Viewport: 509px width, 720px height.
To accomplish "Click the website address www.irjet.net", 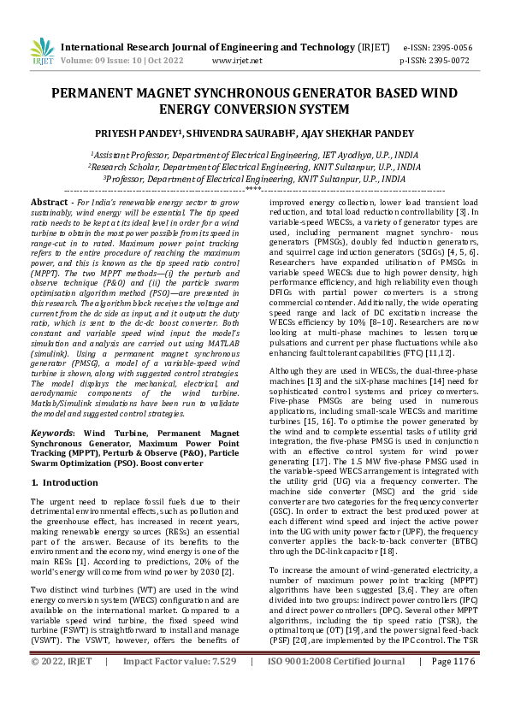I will pyautogui.click(x=235, y=62).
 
